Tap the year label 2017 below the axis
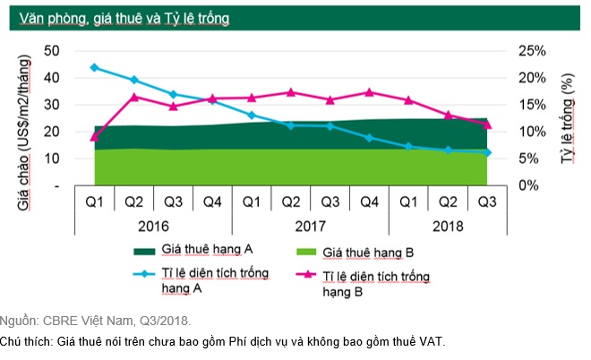point(309,227)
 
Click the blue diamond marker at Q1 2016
point(94,67)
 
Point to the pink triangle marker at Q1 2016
point(94,137)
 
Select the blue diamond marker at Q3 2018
point(487,152)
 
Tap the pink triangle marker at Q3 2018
point(487,124)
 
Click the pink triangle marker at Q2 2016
point(133,97)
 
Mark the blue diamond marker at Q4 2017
point(369,137)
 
